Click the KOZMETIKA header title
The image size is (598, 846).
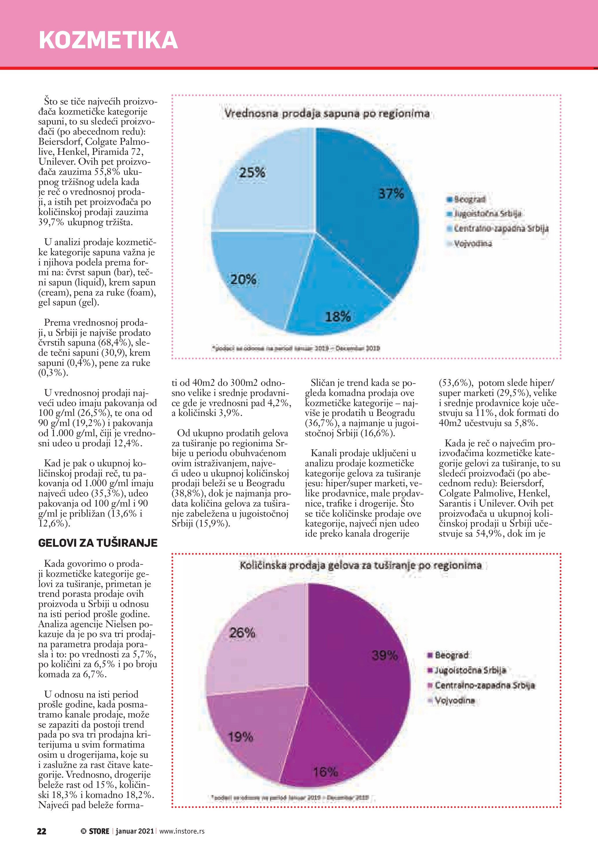(x=108, y=40)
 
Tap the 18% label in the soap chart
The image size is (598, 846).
(x=338, y=317)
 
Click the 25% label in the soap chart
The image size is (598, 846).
(x=252, y=172)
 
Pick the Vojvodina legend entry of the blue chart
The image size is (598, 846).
(x=472, y=244)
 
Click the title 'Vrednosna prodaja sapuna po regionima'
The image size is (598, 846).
(x=327, y=113)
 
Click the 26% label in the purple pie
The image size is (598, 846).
(x=242, y=633)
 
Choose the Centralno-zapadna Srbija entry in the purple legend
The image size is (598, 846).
(x=485, y=685)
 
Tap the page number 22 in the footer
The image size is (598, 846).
(x=42, y=831)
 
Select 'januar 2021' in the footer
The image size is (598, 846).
(x=135, y=831)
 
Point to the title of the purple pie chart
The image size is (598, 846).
(x=360, y=565)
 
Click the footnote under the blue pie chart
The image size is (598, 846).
(x=296, y=348)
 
